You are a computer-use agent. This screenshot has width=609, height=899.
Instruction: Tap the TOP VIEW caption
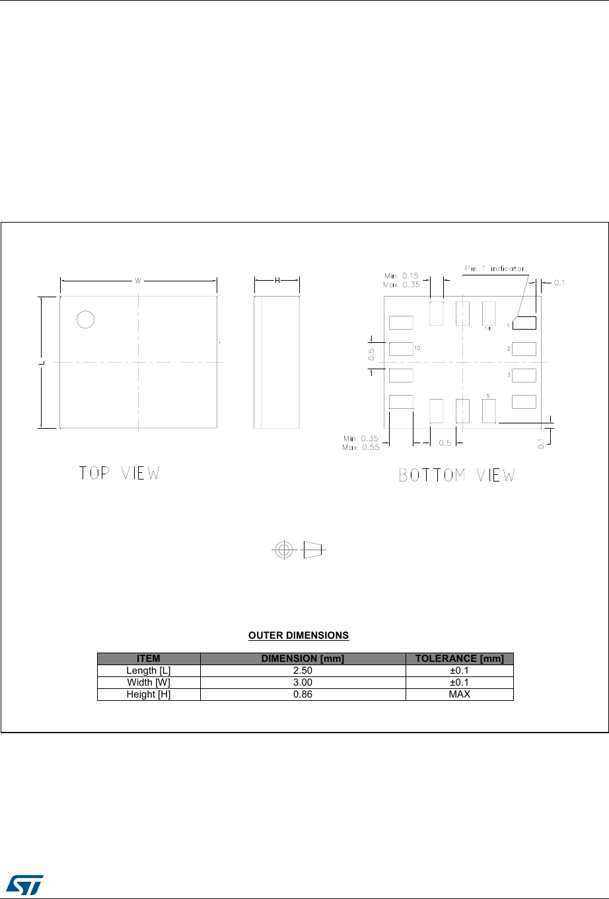tap(120, 473)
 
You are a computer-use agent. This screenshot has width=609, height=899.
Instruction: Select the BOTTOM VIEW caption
tap(457, 475)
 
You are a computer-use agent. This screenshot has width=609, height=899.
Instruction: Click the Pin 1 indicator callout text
tap(495, 268)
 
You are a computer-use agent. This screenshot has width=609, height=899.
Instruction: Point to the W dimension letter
tap(138, 281)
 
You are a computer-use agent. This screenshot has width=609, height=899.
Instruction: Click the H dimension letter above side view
tap(277, 281)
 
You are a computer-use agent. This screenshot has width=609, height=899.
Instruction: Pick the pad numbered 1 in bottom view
tap(524, 323)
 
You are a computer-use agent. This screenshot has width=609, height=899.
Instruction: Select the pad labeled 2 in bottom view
tap(524, 349)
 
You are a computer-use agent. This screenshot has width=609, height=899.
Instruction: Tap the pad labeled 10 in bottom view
tap(401, 349)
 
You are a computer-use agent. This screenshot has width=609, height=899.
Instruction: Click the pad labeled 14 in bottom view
tap(489, 314)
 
